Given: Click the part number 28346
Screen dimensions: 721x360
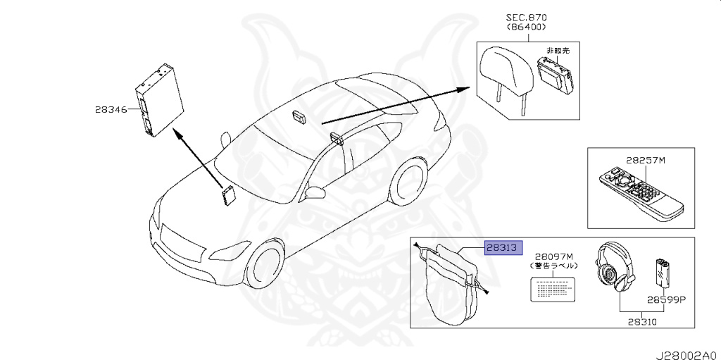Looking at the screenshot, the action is pyautogui.click(x=111, y=109).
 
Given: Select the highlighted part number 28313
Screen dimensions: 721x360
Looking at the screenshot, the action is pyautogui.click(x=502, y=247).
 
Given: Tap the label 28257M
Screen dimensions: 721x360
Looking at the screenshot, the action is pyautogui.click(x=644, y=160).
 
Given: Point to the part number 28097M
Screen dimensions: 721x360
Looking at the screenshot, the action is pyautogui.click(x=554, y=256).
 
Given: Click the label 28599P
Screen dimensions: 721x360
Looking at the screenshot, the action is pyautogui.click(x=667, y=298).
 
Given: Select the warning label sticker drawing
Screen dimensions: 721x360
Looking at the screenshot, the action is pyautogui.click(x=553, y=289).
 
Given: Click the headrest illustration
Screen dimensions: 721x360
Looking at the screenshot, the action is pyautogui.click(x=501, y=70).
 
